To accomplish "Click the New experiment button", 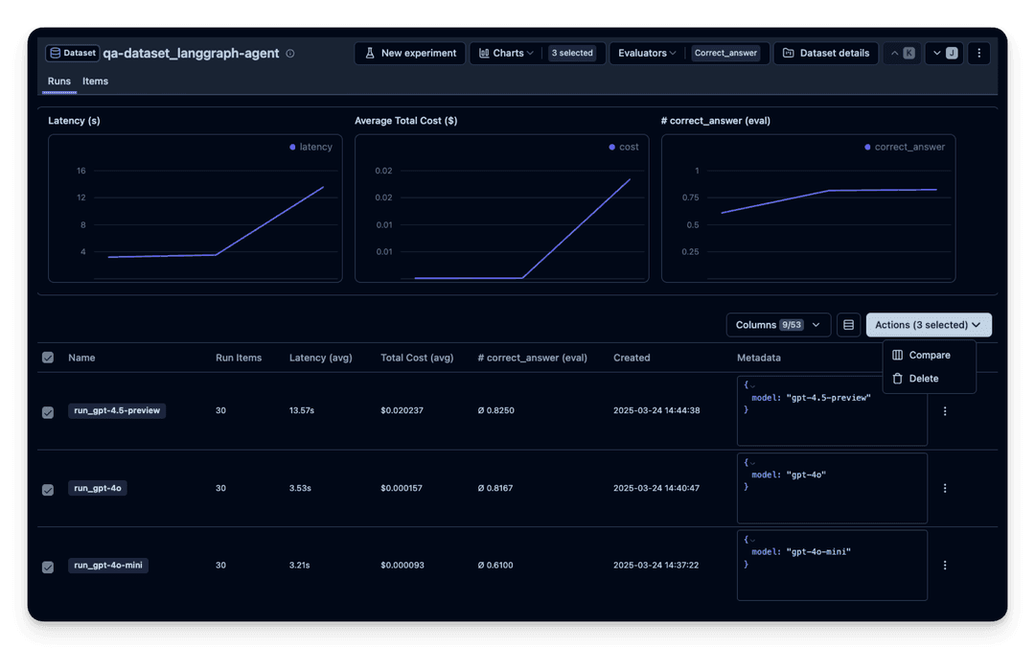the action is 410,53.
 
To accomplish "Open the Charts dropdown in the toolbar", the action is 506,53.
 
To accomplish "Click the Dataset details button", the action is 826,53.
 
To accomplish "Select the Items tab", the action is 95,81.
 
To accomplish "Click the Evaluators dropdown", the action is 647,53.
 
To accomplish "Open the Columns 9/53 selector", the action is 778,325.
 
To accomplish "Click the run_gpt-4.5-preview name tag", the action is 117,410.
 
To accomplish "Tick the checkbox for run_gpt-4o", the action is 48,489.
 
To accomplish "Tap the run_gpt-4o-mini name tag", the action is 108,566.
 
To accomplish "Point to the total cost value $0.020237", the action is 402,410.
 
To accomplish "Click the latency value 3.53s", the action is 300,488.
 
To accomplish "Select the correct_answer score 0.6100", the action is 495,566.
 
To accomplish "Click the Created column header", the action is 632,358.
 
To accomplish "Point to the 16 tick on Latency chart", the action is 81,171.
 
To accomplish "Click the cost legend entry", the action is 624,147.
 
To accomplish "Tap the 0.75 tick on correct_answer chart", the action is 690,197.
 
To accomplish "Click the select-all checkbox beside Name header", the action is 48,358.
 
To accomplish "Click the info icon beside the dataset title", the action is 290,54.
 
